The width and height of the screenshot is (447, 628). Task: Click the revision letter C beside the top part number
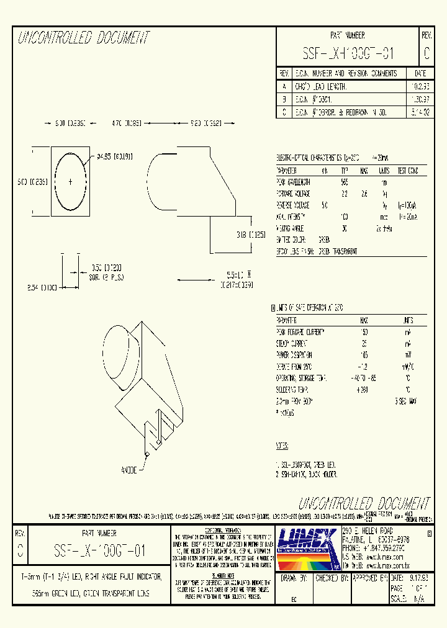click(427, 54)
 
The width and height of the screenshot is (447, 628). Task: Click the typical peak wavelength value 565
click(345, 182)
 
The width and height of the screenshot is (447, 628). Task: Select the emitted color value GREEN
click(324, 239)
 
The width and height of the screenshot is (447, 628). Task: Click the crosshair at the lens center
click(70, 181)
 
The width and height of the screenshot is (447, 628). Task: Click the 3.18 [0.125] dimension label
click(251, 235)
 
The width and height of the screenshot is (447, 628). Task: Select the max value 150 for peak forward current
click(364, 332)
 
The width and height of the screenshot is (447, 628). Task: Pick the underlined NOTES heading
click(283, 446)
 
